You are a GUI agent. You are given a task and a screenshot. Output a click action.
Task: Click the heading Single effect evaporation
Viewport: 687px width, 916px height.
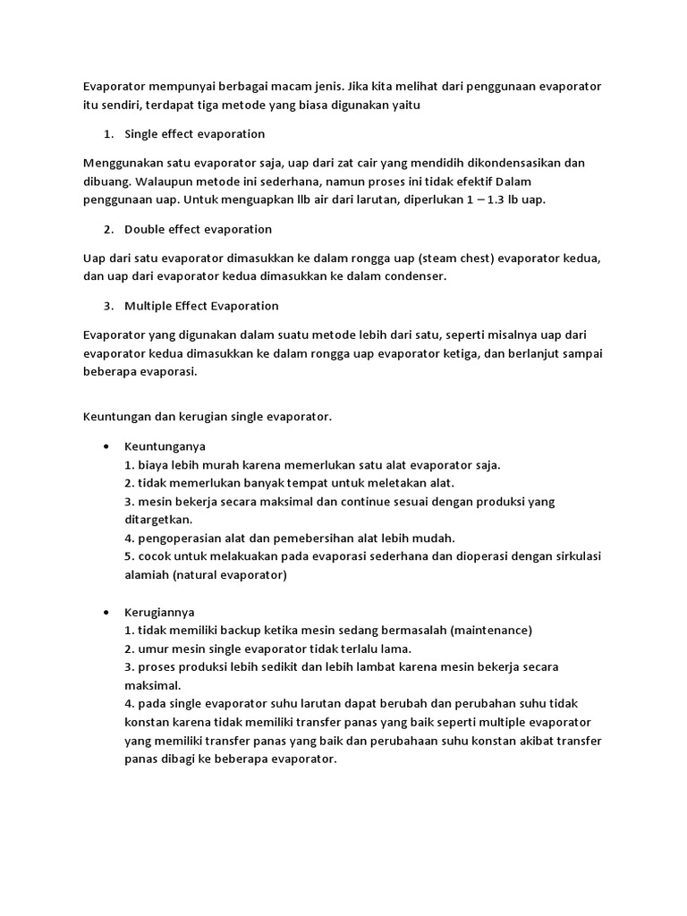(194, 134)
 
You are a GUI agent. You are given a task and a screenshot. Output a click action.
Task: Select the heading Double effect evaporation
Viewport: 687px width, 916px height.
(198, 229)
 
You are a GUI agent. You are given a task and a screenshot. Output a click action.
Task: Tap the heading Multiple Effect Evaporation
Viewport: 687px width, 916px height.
(201, 306)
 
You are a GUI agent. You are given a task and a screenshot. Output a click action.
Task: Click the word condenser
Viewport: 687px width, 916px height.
(411, 276)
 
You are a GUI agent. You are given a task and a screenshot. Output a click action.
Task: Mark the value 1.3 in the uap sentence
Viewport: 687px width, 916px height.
(494, 199)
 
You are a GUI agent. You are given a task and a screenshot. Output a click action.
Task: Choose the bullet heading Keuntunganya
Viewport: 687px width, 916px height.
(165, 445)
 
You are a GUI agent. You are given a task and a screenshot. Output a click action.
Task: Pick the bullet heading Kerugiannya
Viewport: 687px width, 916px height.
(161, 612)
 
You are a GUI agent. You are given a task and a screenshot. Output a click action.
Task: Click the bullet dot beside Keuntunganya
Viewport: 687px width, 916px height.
(106, 445)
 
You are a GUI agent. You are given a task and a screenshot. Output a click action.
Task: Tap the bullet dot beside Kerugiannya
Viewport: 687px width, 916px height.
(106, 612)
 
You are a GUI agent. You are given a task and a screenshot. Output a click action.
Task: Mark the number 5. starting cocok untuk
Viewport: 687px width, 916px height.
(130, 556)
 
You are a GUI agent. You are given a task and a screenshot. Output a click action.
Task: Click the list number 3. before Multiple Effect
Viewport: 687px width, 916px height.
(107, 306)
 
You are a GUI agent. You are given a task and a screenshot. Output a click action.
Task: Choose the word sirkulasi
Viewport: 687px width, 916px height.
(575, 556)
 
